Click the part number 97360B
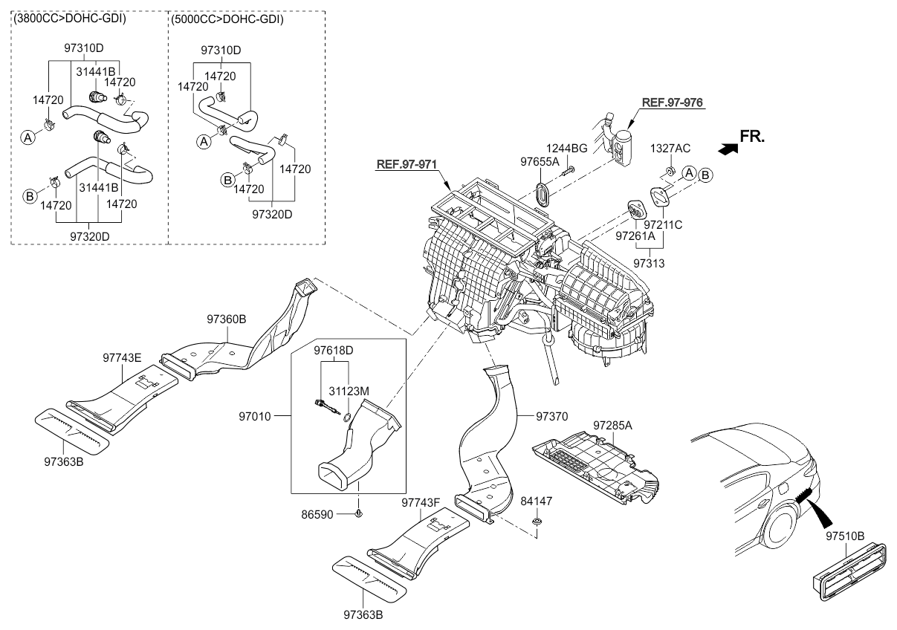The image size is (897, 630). (x=227, y=319)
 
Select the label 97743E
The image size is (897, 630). (x=122, y=357)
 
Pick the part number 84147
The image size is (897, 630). (x=536, y=502)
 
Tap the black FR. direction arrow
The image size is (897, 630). (x=728, y=149)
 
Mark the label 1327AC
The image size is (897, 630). (x=670, y=148)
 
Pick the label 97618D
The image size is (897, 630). (x=333, y=349)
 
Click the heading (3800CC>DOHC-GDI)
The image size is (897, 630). (x=69, y=19)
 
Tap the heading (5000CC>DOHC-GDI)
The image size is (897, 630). (x=227, y=19)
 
